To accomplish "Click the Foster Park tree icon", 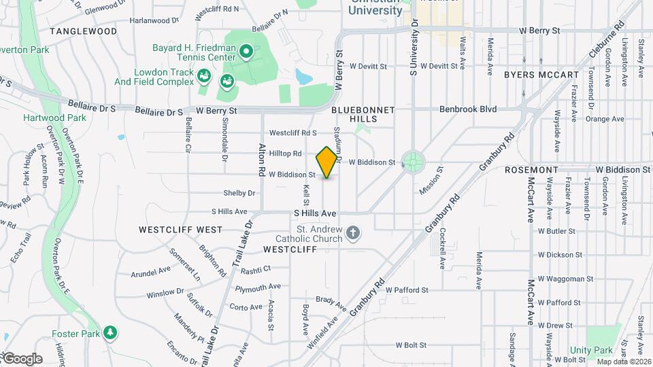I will tap(110, 332).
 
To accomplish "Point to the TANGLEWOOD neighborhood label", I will tap(83, 31).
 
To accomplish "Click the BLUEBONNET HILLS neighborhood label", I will tap(354, 113).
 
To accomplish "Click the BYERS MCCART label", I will tap(541, 75).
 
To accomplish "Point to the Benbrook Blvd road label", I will tap(468, 109).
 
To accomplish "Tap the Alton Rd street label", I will tap(262, 160).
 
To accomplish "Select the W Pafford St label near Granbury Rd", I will tap(407, 290).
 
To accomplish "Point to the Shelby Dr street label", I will tap(239, 193).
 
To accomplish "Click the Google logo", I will tap(22, 359).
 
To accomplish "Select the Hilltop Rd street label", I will tap(285, 154).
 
